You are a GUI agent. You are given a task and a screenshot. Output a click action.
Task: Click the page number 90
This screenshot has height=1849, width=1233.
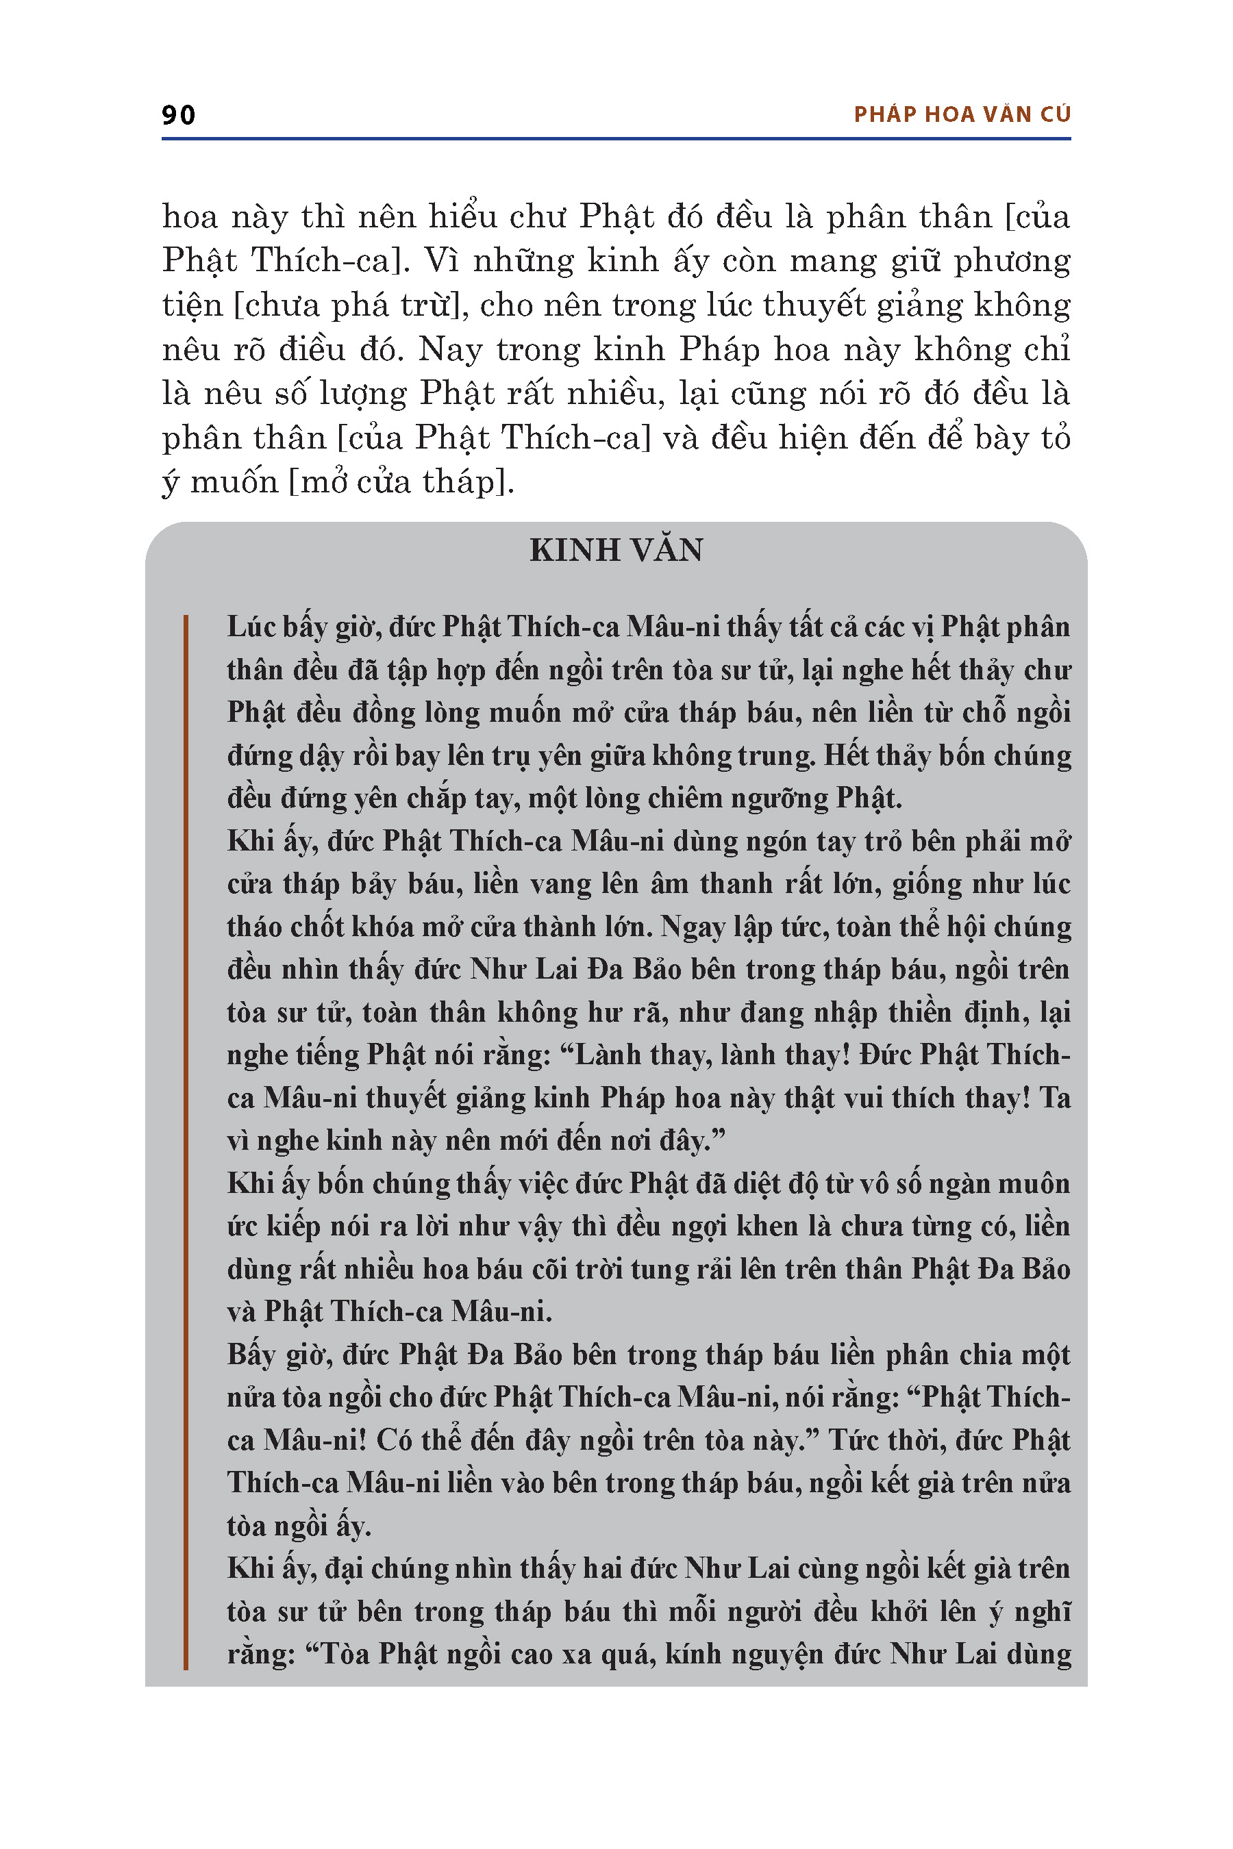click(x=179, y=115)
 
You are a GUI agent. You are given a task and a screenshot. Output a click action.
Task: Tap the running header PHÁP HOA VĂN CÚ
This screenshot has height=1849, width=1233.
click(x=962, y=115)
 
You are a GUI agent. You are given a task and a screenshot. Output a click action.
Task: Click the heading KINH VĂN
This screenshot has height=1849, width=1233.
click(x=616, y=551)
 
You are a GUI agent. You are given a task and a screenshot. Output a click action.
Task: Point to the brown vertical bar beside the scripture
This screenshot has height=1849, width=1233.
click(x=186, y=1140)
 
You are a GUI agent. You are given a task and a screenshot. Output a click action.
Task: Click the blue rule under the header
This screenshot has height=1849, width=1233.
click(x=616, y=139)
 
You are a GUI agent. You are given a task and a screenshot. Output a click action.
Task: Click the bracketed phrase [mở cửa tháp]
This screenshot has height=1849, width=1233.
click(x=401, y=482)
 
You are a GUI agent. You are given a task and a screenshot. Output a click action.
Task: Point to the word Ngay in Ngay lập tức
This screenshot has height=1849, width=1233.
click(x=688, y=927)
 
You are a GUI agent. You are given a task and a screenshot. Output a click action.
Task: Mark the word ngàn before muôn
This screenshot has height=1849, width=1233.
click(x=968, y=1184)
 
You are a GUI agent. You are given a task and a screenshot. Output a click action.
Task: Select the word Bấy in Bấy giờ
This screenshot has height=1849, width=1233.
click(x=250, y=1355)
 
